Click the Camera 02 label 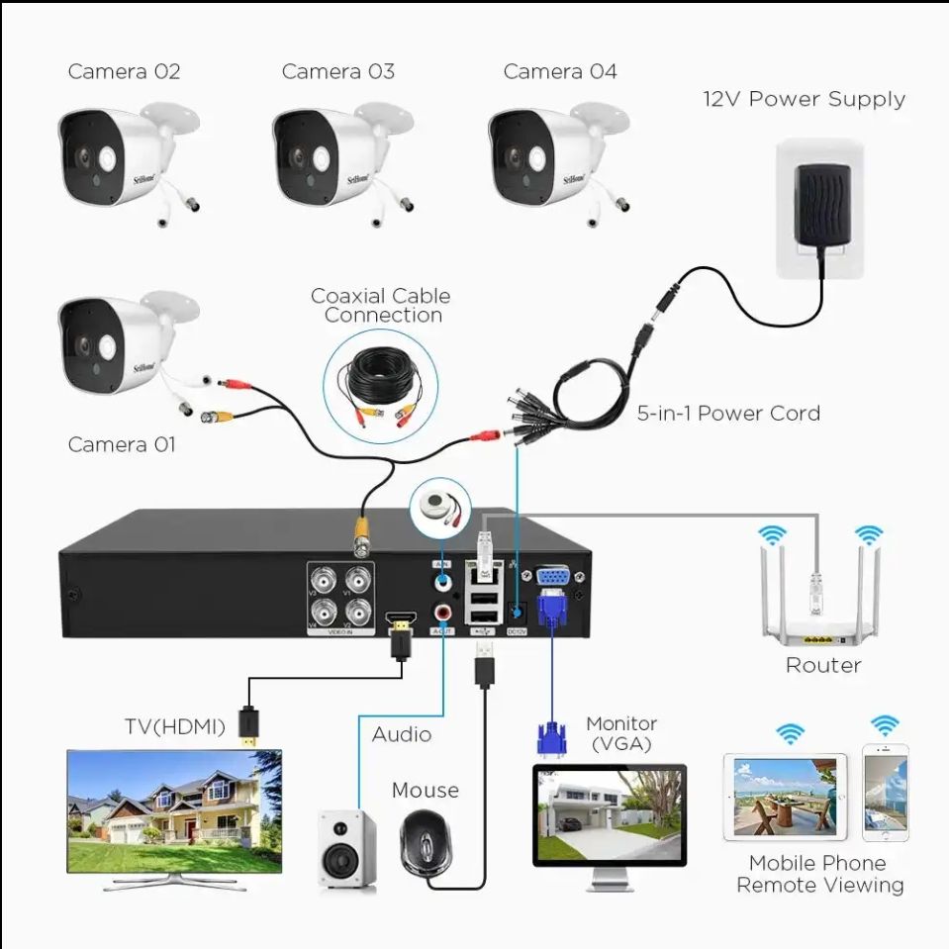(x=124, y=71)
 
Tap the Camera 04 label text (x=559, y=71)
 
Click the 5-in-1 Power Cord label (x=728, y=413)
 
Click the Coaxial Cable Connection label (x=381, y=305)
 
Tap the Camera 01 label (x=121, y=444)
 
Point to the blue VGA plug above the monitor (x=551, y=737)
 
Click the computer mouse (x=426, y=842)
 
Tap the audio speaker (x=346, y=849)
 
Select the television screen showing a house (x=173, y=798)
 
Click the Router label (x=822, y=665)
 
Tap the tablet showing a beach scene (x=785, y=797)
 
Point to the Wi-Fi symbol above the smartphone (x=885, y=726)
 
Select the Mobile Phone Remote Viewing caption (x=819, y=874)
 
